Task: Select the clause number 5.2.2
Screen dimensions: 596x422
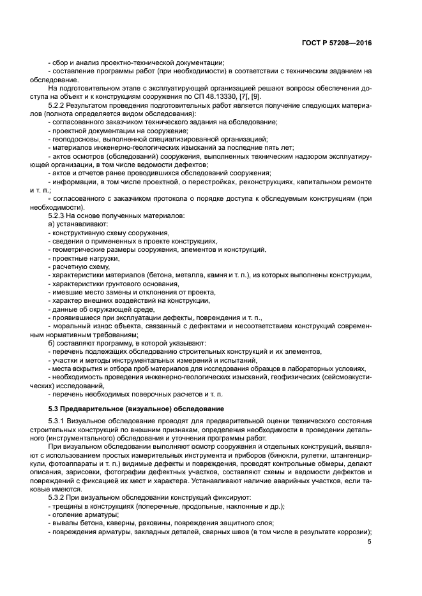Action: pyautogui.click(x=59, y=104)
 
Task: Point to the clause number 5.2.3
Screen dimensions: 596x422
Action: pyautogui.click(x=59, y=216)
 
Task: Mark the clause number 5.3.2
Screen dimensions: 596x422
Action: pyautogui.click(x=59, y=497)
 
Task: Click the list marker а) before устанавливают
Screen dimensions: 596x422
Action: pyautogui.click(x=52, y=225)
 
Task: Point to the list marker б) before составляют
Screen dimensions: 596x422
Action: pyautogui.click(x=52, y=343)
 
